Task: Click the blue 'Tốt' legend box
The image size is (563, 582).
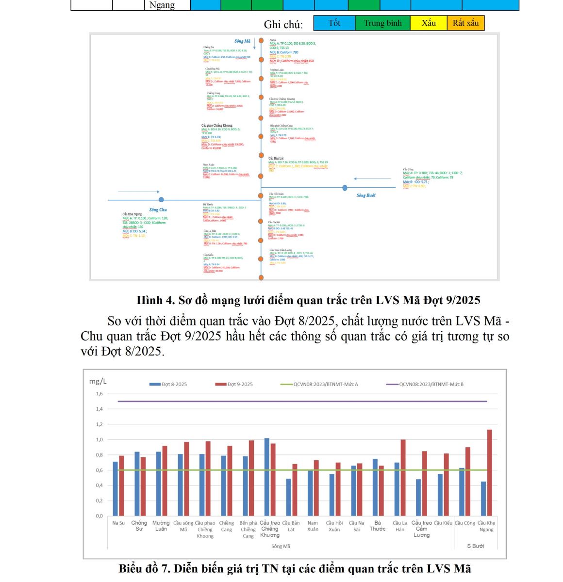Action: [x=334, y=23]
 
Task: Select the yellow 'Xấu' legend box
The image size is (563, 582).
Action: [x=429, y=23]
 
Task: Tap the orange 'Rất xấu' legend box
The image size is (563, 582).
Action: [x=465, y=23]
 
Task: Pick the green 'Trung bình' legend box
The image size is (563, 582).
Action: [x=382, y=23]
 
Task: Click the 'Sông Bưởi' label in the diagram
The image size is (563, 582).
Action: [x=366, y=195]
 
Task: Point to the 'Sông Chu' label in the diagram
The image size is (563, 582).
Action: [x=158, y=210]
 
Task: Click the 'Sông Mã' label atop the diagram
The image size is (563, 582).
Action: [x=242, y=41]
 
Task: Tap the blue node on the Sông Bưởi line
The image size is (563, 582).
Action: [x=345, y=188]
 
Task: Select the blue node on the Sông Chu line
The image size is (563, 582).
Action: [x=161, y=199]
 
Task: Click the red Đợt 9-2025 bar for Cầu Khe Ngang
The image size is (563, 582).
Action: [x=490, y=473]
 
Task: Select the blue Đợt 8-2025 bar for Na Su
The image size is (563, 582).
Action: [x=116, y=488]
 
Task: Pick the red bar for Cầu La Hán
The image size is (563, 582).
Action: [x=403, y=478]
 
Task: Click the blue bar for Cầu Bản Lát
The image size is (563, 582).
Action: [x=289, y=497]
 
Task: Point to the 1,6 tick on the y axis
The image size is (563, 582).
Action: [x=99, y=394]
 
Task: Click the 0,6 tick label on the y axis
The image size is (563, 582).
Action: [x=99, y=470]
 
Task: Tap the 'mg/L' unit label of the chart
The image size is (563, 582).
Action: [x=98, y=382]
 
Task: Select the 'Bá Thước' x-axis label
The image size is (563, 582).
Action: [x=378, y=526]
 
